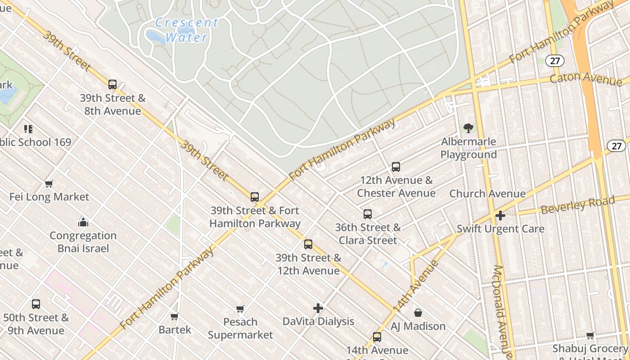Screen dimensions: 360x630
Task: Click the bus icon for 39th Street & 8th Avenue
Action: pos(112,84)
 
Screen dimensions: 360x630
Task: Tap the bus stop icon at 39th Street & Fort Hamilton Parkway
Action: pos(255,197)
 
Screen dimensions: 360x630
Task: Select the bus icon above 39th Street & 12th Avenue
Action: pos(308,244)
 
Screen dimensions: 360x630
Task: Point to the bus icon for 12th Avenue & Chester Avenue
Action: pos(396,167)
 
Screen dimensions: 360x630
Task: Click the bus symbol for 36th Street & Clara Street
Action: pos(368,214)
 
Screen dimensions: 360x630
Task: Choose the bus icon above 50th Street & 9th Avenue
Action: pos(36,304)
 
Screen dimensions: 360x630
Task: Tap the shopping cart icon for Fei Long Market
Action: pos(49,184)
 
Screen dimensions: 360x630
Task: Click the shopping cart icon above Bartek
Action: pos(175,316)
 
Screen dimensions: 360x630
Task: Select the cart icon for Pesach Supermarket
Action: pos(240,309)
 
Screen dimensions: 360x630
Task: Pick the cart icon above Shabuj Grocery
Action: pos(590,335)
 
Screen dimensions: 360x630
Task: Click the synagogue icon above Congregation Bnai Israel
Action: pos(83,222)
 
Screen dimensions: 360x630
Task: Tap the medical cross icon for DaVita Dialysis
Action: pos(318,308)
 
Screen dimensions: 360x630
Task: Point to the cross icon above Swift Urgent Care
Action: pos(500,216)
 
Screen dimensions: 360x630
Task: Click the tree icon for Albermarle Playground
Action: pos(468,129)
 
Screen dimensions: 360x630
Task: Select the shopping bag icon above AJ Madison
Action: pos(418,313)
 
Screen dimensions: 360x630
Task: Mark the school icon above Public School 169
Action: pos(29,130)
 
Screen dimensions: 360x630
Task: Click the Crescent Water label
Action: pos(186,30)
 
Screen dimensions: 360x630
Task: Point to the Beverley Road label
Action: pos(577,205)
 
